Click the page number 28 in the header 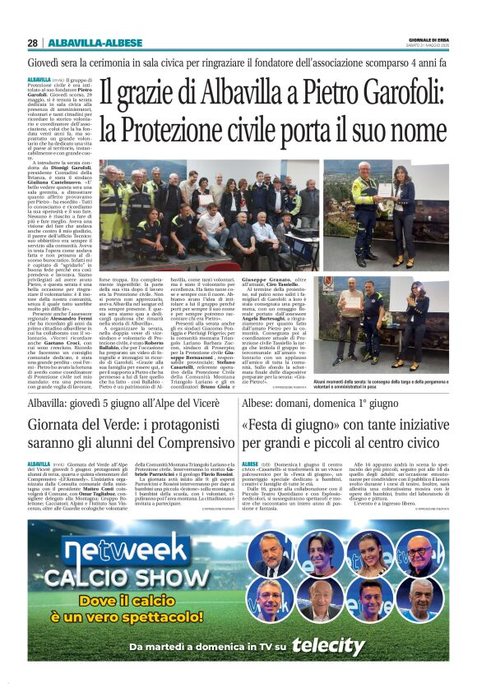click(x=32, y=43)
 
